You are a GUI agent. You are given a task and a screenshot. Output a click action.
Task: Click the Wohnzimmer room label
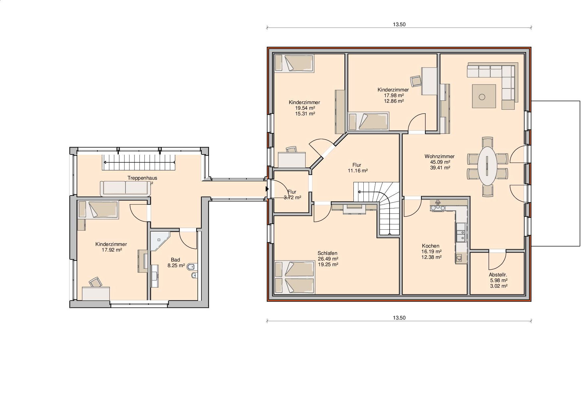click(440, 156)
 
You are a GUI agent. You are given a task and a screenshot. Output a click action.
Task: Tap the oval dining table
click(487, 166)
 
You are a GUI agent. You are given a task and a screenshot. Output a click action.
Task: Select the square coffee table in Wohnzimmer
click(484, 96)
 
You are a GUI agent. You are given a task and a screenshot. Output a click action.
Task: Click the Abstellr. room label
click(498, 275)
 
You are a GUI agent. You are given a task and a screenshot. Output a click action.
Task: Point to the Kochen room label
click(431, 246)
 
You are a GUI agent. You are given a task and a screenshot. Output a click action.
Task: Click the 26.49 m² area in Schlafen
click(328, 259)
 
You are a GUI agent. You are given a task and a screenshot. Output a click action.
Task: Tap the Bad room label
click(175, 260)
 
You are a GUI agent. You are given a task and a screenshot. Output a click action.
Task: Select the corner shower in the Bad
click(160, 241)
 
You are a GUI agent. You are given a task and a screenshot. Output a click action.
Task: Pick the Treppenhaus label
click(142, 178)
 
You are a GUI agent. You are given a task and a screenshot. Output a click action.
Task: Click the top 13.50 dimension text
click(399, 24)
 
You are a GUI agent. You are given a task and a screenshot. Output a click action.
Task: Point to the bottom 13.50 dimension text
click(399, 318)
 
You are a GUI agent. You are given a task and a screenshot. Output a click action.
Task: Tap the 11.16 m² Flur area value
click(358, 171)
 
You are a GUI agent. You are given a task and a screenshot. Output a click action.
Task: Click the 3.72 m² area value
click(292, 198)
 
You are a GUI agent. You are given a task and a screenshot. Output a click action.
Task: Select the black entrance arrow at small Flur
click(267, 189)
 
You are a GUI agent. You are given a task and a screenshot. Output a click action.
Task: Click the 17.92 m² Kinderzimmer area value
click(112, 250)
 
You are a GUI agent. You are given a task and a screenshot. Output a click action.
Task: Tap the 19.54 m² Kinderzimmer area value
click(305, 108)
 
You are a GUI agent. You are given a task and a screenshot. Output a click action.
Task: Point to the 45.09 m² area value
click(440, 162)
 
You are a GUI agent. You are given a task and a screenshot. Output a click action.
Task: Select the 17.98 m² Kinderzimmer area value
click(394, 95)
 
